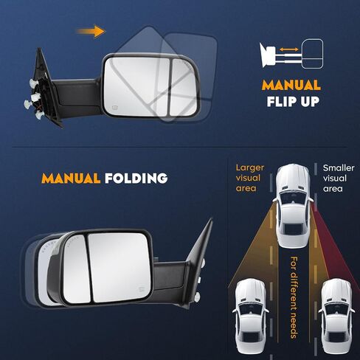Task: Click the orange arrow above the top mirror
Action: (x=91, y=31)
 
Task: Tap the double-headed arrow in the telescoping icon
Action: (x=289, y=49)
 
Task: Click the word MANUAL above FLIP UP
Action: (x=291, y=86)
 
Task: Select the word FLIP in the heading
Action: (x=280, y=101)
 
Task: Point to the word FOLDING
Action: (x=136, y=179)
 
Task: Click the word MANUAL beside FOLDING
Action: (x=71, y=179)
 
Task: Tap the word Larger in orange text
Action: (x=250, y=168)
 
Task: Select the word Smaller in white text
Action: (x=339, y=168)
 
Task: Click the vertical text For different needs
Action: (x=294, y=297)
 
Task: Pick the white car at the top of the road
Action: (x=293, y=206)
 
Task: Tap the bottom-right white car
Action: (x=336, y=316)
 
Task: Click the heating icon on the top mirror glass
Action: (x=114, y=108)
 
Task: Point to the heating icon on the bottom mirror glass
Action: (x=142, y=288)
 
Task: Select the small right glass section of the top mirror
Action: (x=182, y=87)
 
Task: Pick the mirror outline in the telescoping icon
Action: (x=312, y=54)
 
